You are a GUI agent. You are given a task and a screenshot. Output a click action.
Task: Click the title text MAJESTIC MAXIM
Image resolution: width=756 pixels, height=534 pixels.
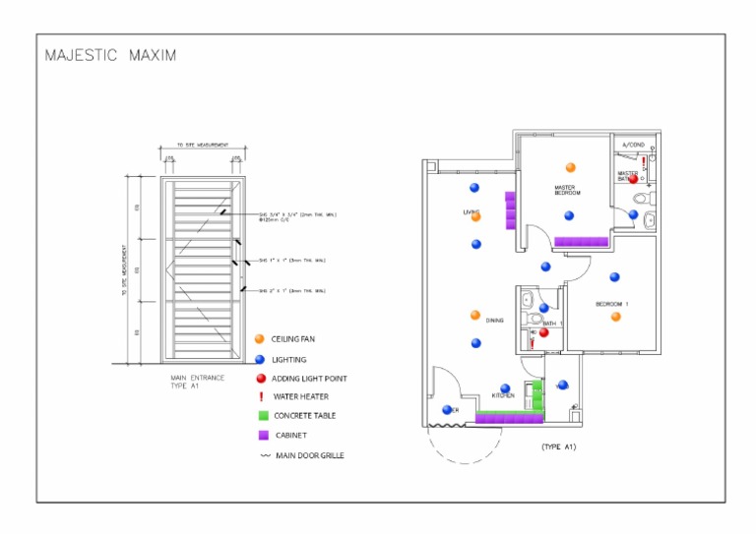click(x=111, y=55)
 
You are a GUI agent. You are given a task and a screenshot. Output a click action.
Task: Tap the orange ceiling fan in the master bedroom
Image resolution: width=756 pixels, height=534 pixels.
click(x=569, y=167)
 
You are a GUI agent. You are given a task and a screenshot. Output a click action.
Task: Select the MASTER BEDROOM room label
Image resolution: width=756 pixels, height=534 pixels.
click(x=567, y=190)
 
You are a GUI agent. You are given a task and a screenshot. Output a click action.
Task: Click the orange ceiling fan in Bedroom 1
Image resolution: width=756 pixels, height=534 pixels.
click(x=615, y=317)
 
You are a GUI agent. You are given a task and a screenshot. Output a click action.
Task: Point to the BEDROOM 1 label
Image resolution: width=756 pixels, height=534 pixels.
click(x=611, y=304)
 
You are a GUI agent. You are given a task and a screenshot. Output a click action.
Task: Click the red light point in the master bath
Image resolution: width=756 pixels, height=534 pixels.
click(x=634, y=179)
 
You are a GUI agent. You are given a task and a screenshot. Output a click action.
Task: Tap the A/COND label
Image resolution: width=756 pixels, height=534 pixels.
click(x=634, y=145)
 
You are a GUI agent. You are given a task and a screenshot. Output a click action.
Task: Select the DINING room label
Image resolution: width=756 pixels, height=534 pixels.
click(x=494, y=320)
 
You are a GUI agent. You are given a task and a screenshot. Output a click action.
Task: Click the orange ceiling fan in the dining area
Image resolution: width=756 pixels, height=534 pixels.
click(x=475, y=316)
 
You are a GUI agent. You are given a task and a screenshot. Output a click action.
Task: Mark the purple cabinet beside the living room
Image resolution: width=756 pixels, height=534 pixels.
click(x=510, y=209)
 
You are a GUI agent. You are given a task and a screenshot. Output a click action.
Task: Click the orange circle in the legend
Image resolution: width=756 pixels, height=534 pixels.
click(x=260, y=339)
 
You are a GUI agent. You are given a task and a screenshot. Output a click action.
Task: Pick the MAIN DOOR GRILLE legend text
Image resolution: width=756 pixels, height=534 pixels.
click(x=310, y=454)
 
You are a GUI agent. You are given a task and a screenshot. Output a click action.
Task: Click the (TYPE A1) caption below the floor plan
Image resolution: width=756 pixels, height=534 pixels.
click(x=557, y=447)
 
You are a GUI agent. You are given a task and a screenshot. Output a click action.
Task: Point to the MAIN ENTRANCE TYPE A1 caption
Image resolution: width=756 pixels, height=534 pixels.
click(x=197, y=382)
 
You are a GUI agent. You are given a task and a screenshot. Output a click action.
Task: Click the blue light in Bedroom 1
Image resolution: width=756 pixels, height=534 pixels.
click(x=614, y=277)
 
